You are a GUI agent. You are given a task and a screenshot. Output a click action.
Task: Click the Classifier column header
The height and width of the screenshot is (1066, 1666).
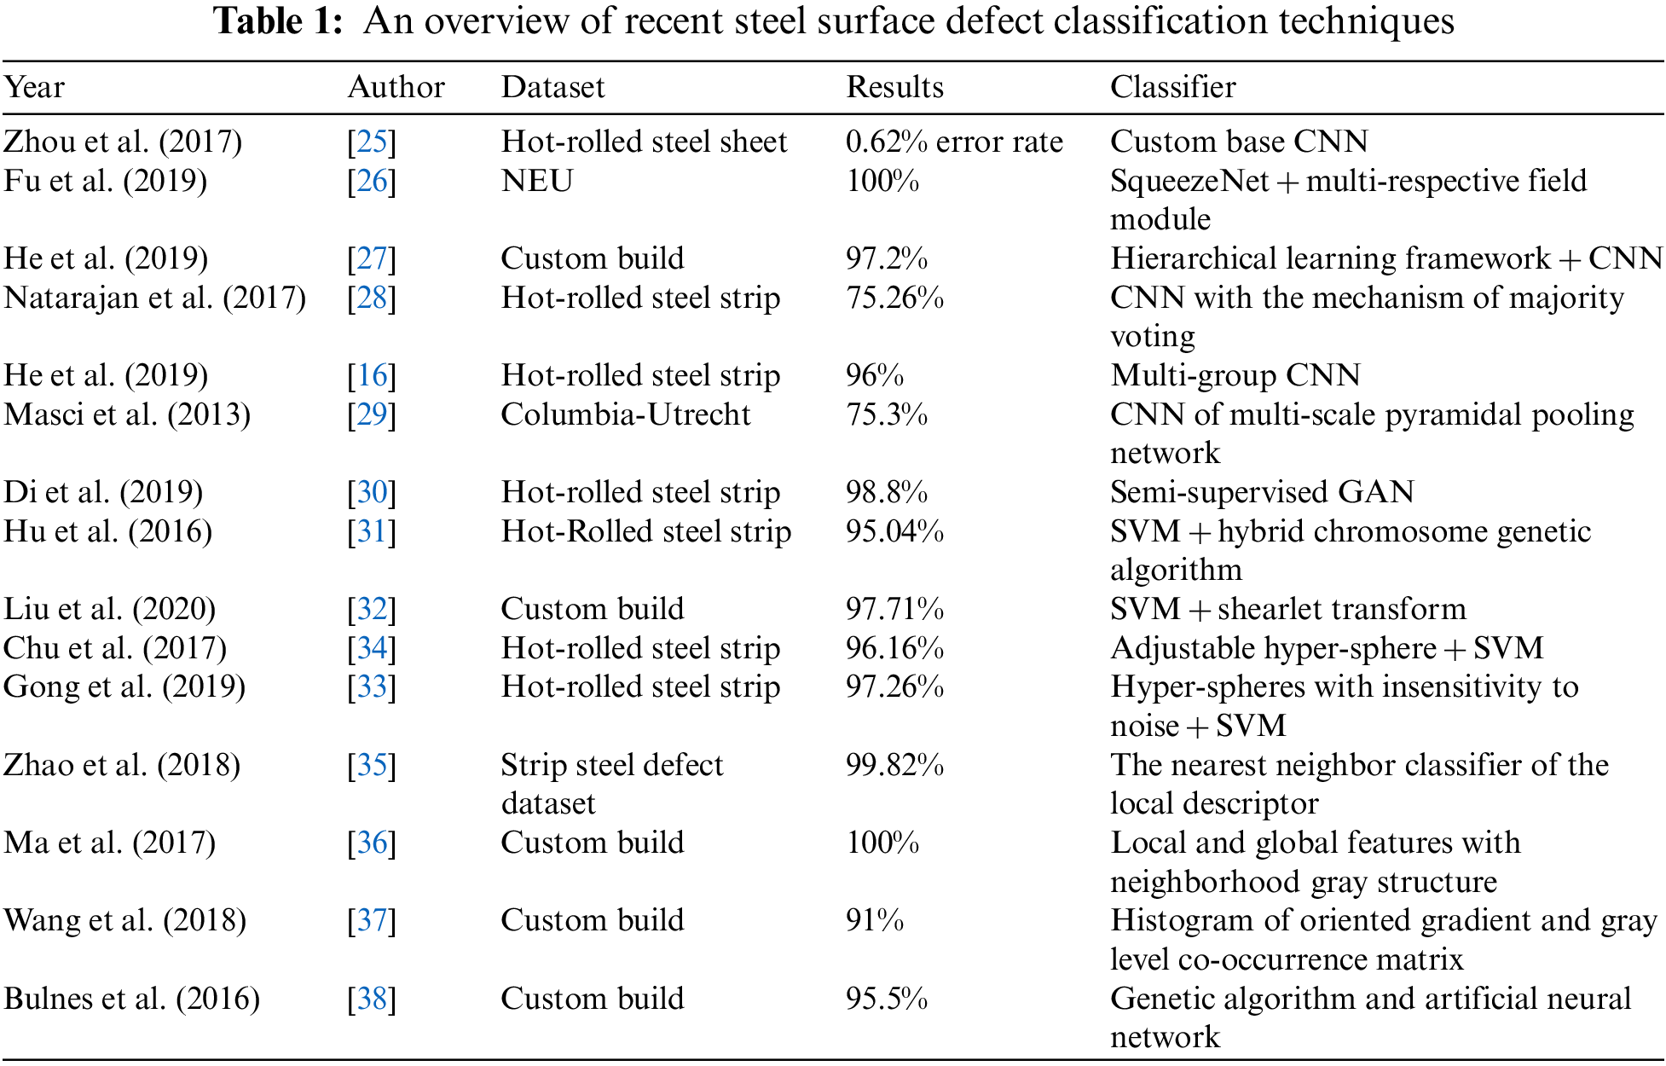point(1172,87)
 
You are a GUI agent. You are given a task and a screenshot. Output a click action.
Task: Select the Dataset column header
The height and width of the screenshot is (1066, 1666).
point(552,87)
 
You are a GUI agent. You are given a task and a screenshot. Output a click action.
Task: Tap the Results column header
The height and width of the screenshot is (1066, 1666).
point(894,87)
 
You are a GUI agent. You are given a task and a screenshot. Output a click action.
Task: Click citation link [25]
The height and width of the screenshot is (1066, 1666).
point(372,142)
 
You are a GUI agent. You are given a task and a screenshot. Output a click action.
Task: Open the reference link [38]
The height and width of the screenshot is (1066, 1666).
point(372,999)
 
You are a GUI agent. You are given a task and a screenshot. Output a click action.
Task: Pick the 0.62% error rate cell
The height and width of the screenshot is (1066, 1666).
point(954,142)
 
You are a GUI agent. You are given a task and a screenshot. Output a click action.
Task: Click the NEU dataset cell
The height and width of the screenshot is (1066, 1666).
point(537,181)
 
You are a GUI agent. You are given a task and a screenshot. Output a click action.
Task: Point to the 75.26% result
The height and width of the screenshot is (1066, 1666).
point(894,298)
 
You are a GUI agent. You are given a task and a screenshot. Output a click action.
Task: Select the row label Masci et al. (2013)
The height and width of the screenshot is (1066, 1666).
point(127,414)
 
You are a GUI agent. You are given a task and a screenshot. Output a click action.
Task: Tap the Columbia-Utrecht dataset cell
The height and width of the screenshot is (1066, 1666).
point(625,414)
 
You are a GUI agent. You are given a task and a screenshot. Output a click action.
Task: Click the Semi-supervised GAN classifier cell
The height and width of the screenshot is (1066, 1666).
point(1262,492)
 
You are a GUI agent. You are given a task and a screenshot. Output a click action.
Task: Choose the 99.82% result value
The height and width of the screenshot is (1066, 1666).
point(894,765)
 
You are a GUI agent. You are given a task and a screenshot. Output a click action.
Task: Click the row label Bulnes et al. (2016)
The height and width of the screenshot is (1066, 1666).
point(131,999)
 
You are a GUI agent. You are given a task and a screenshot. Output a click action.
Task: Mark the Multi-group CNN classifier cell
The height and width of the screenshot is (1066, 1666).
point(1235,375)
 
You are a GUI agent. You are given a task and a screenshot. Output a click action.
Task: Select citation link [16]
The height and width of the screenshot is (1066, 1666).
point(372,375)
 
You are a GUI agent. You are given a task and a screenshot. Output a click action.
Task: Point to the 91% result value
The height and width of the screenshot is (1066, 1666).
point(875,920)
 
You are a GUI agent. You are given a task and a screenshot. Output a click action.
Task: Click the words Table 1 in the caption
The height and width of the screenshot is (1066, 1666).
point(277,21)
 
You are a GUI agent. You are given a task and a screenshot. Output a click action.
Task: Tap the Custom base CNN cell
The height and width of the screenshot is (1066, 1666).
point(1239,142)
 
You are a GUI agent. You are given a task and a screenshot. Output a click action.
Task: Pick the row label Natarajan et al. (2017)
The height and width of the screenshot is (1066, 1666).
point(154,298)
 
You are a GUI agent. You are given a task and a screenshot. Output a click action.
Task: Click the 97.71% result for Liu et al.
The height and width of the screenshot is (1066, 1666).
point(894,609)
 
